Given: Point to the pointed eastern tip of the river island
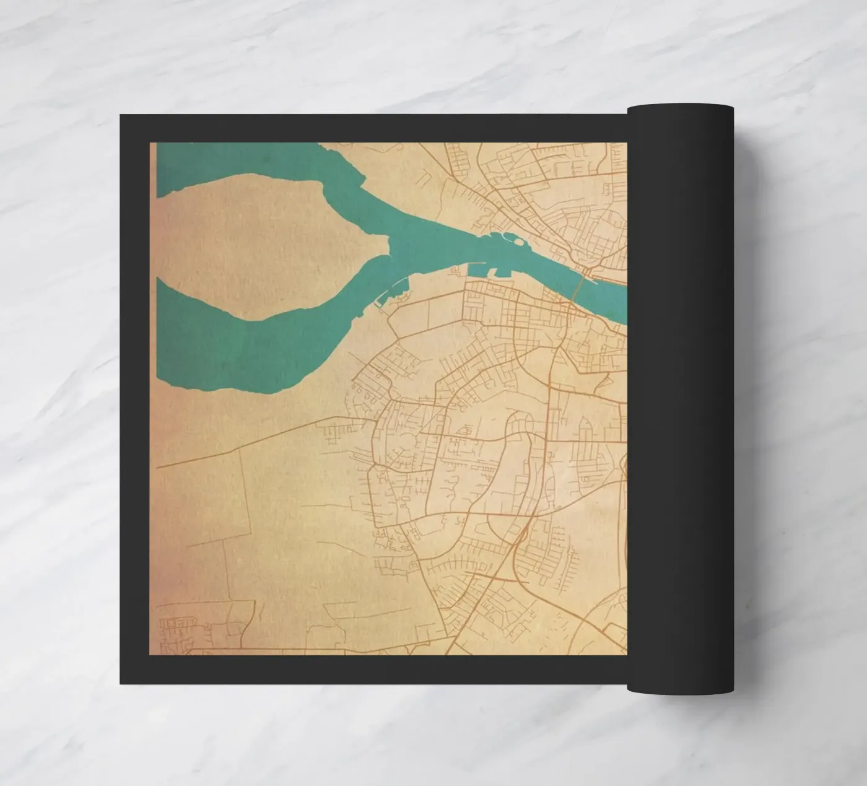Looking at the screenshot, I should click(x=389, y=247).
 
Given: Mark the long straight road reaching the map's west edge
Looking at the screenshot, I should click(x=248, y=443).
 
